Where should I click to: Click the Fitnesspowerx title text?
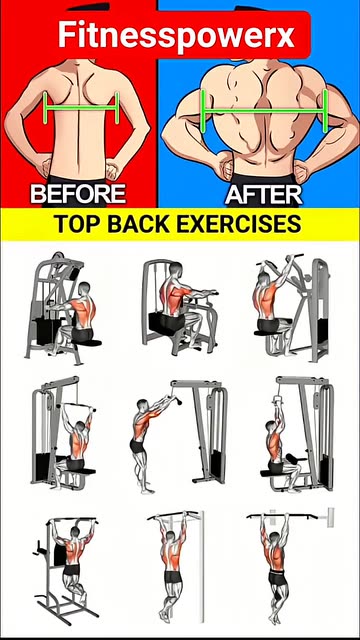coord(176,35)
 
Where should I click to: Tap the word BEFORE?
coord(78,193)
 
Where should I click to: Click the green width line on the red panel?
coord(81,108)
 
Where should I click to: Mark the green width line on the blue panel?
coord(264,110)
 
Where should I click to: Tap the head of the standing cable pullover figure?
coord(142,405)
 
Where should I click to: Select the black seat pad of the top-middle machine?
coord(167,322)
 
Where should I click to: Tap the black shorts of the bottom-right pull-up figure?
coord(278,578)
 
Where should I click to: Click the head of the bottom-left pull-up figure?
coord(75,532)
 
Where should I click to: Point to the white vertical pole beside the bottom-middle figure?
coord(201,566)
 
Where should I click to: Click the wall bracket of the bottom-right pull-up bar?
coord(330,518)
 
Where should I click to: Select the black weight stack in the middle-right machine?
coord(325,464)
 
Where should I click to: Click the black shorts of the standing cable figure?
coord(138,446)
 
